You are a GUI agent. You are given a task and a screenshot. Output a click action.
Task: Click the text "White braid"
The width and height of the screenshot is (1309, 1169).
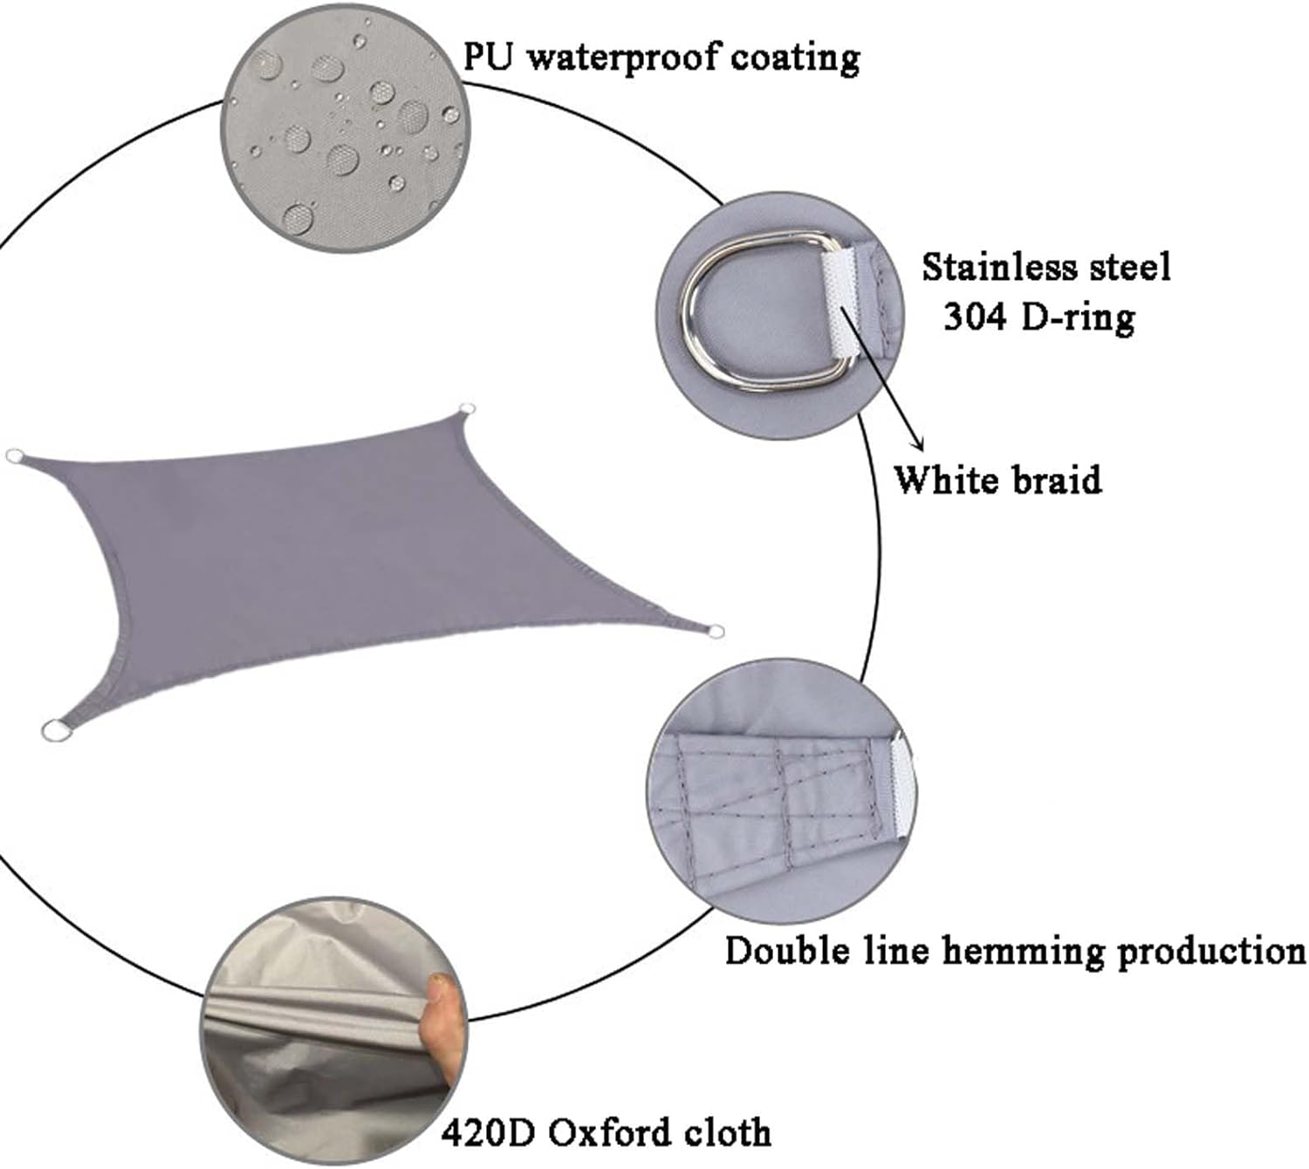(997, 480)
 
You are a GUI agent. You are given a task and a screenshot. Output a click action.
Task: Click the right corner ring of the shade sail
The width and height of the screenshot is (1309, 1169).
(716, 630)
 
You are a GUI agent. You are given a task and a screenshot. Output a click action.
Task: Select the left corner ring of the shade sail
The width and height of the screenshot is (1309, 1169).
(14, 457)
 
